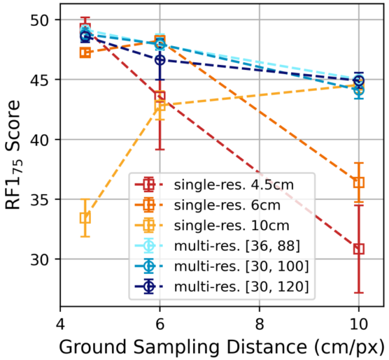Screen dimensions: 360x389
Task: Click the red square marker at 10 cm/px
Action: click(x=359, y=249)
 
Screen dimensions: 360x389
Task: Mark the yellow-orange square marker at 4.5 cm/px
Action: click(x=85, y=218)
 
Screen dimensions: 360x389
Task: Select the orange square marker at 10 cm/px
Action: click(x=359, y=182)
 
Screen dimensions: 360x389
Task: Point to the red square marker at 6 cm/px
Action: click(x=160, y=97)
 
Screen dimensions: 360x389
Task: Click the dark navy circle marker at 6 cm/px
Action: click(x=160, y=60)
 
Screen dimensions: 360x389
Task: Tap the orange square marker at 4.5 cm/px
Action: click(x=85, y=53)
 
